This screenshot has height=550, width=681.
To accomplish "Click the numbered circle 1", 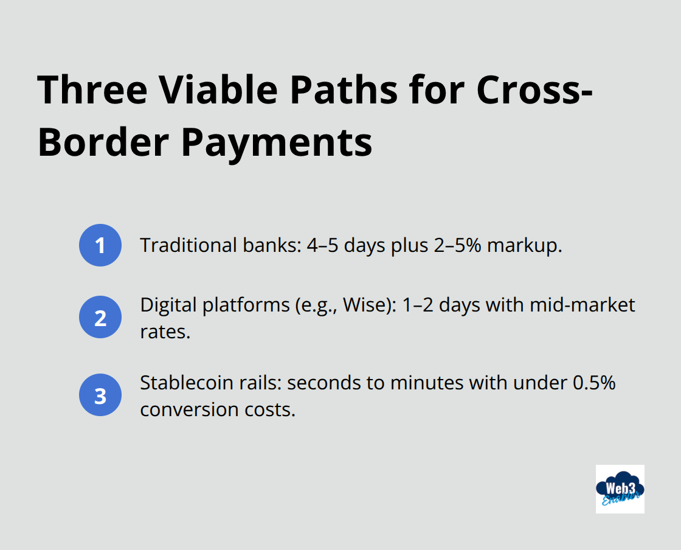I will [x=100, y=245].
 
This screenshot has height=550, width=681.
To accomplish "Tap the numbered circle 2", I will [x=100, y=317].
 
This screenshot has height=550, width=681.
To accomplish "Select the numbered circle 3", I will [x=100, y=395].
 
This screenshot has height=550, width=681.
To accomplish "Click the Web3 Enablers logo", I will [x=620, y=489].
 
